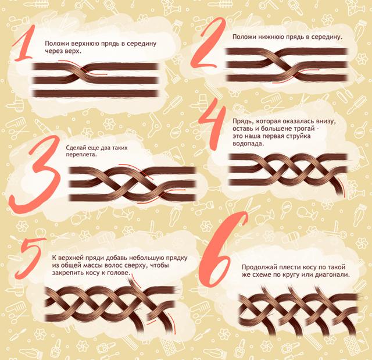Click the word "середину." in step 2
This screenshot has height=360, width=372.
point(327,37)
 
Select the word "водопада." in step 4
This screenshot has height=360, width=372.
point(248,144)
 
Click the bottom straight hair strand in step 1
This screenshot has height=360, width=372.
point(95,93)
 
